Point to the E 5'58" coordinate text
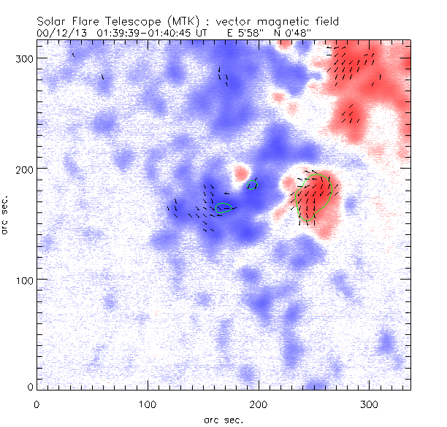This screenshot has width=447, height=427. [234, 33]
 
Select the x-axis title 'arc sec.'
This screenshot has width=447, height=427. [223, 420]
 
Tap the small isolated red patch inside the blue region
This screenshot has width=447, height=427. [240, 174]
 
